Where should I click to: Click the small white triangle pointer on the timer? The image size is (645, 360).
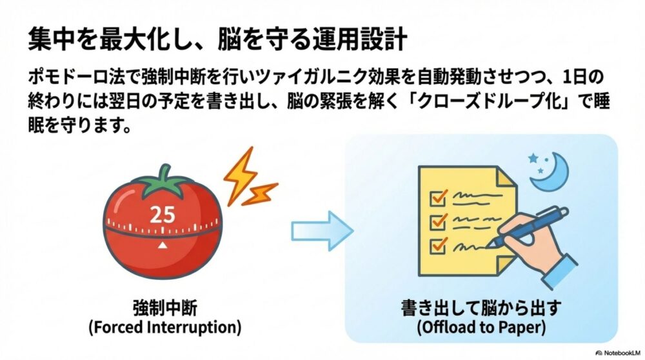pos(162,246)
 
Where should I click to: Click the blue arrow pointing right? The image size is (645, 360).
pos(321,230)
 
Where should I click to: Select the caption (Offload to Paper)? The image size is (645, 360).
pos(481,327)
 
